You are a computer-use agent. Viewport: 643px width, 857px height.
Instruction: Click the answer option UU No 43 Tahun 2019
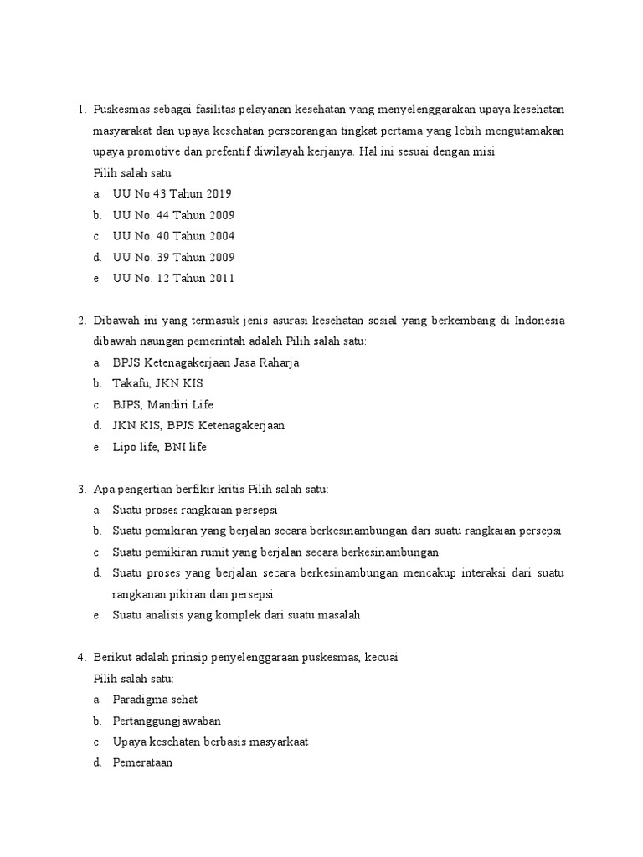coord(172,194)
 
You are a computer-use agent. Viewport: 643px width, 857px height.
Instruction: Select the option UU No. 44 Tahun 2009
coord(173,215)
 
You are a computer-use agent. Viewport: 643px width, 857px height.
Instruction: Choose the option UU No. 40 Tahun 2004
coord(173,236)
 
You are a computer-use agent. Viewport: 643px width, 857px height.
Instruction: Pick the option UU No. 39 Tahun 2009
coord(173,257)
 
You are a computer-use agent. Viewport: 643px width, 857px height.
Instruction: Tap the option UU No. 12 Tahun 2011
coord(173,278)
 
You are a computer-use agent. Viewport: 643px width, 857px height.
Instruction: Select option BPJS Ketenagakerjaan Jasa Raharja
coord(205,362)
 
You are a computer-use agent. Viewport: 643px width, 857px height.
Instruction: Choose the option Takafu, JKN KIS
coord(157,383)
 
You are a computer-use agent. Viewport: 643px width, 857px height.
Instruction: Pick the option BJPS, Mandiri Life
coord(163,404)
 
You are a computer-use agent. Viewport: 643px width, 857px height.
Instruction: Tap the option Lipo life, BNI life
coord(159,447)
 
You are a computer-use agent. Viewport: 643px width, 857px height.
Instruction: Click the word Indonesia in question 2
coord(539,321)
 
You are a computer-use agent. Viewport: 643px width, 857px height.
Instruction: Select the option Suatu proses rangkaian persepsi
coord(194,510)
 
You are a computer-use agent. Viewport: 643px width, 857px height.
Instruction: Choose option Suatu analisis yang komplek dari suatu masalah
coord(236,615)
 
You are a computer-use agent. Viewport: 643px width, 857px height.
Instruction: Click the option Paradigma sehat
coord(155,700)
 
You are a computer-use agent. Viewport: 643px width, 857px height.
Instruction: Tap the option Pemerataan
coord(142,762)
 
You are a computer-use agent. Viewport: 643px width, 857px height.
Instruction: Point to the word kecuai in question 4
coord(381,658)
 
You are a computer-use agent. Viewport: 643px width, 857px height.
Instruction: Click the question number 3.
coord(81,489)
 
